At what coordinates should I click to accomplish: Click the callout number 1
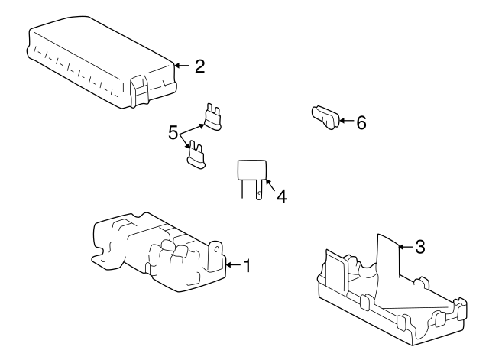click(247, 266)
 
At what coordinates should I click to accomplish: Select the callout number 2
click(200, 66)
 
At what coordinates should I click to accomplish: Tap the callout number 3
click(420, 247)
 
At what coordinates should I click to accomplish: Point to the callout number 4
click(282, 196)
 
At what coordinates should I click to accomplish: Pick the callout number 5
click(173, 132)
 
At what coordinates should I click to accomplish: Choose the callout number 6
click(361, 122)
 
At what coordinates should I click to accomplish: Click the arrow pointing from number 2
click(182, 66)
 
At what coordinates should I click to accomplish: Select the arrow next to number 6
click(345, 121)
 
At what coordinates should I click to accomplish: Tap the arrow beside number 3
click(406, 247)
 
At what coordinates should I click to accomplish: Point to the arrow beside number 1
click(233, 265)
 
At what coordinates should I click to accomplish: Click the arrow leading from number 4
click(270, 185)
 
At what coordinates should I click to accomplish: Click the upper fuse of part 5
click(212, 117)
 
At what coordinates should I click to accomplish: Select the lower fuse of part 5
click(196, 154)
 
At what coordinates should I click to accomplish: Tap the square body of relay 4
click(252, 170)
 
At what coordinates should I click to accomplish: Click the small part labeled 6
click(325, 117)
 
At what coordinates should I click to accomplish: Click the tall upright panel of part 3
click(388, 256)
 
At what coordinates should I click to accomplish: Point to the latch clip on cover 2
click(139, 91)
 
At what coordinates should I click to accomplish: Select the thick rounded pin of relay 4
click(259, 190)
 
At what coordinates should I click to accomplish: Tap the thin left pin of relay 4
click(242, 189)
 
